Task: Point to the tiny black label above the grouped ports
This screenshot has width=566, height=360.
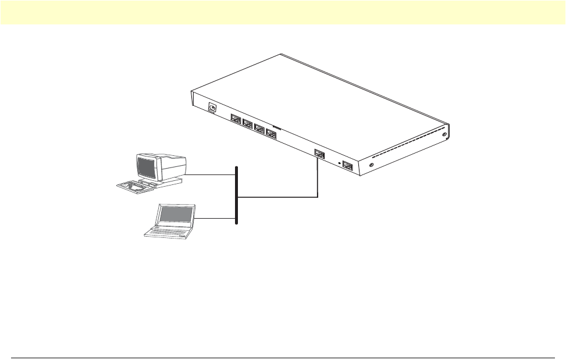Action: click(x=276, y=124)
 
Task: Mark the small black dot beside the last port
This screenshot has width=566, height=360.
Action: click(x=340, y=163)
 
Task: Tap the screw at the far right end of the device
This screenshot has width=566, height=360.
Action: click(x=445, y=135)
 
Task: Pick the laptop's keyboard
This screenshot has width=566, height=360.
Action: click(x=167, y=231)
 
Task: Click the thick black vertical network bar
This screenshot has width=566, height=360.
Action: click(x=236, y=195)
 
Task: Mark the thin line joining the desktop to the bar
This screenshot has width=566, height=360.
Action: click(x=210, y=174)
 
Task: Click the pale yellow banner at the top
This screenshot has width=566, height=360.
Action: click(x=283, y=12)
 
